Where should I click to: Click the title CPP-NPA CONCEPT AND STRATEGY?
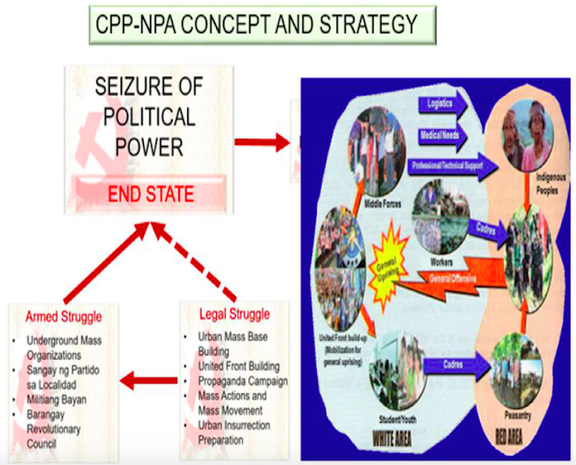click(x=256, y=25)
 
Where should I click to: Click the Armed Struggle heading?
click(x=63, y=317)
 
